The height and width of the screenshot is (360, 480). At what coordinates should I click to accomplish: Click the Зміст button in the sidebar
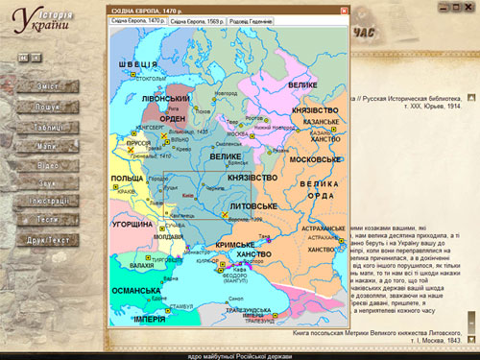click(x=47, y=87)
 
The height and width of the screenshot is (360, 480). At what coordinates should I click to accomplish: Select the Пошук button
click(x=47, y=108)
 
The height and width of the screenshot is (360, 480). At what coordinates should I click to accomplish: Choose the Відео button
click(x=47, y=164)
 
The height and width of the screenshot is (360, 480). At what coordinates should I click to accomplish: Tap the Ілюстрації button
click(x=47, y=201)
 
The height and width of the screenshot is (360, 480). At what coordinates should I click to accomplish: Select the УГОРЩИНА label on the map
click(x=132, y=224)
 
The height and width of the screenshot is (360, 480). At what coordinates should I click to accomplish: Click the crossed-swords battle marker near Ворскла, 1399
click(x=226, y=215)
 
